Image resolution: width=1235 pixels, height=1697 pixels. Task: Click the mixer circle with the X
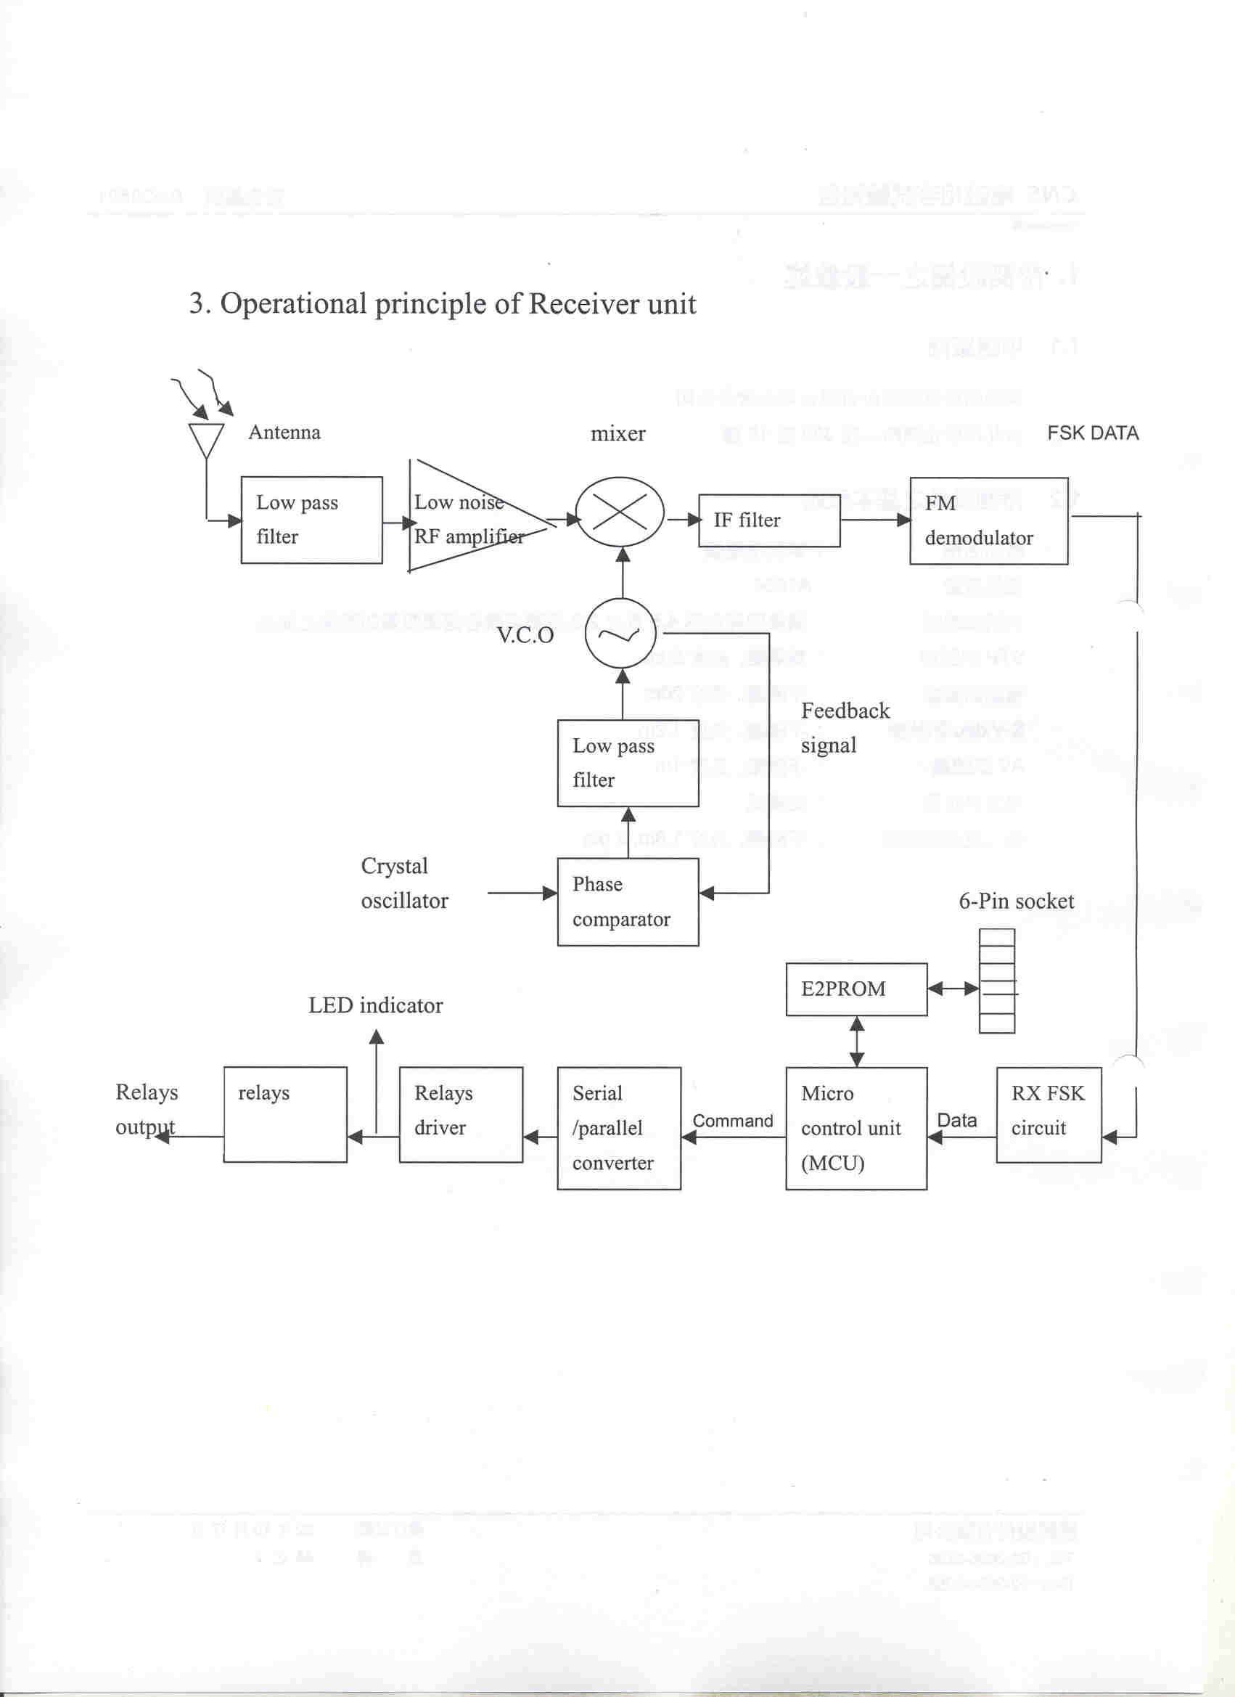(x=620, y=512)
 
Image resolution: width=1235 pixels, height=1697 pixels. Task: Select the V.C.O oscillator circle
(x=620, y=634)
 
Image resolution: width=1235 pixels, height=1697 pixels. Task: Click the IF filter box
(x=769, y=520)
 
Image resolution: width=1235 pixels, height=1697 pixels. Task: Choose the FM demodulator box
(x=988, y=520)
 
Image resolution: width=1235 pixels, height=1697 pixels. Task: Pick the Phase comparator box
(x=628, y=901)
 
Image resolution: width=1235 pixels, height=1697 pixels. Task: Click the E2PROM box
(x=856, y=989)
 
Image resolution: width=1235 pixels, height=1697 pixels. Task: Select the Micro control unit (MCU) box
(x=856, y=1129)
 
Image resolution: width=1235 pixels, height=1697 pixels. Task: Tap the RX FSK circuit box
(x=1048, y=1114)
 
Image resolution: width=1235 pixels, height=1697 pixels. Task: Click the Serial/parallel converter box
(x=619, y=1129)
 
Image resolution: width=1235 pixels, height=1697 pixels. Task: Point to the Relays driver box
(x=461, y=1114)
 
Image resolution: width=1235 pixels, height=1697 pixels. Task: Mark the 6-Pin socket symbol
(x=997, y=981)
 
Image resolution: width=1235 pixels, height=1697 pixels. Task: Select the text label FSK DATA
(x=1092, y=433)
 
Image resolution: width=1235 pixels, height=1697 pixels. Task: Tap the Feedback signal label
(x=845, y=727)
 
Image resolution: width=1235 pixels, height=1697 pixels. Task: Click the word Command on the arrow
(x=732, y=1121)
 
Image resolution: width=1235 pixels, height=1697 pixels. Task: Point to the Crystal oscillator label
(x=404, y=883)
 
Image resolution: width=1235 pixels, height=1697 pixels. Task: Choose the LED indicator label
(x=376, y=1005)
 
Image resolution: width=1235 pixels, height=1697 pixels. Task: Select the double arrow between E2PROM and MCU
(x=857, y=1041)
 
